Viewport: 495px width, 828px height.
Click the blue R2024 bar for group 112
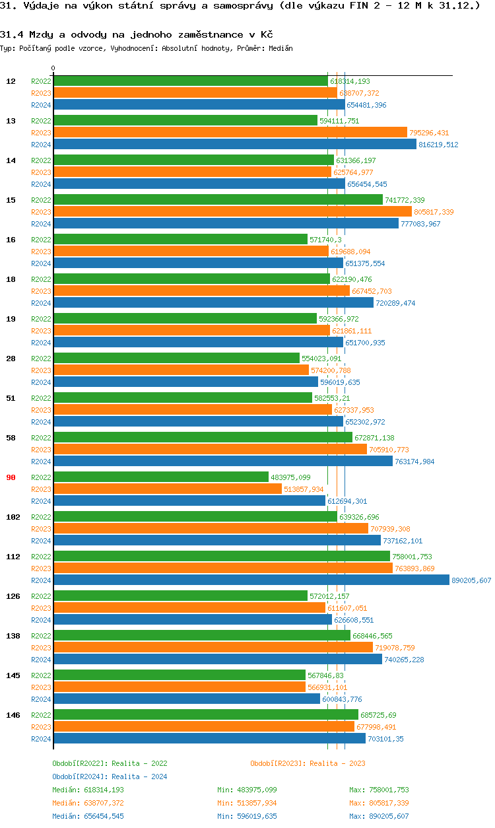pyautogui.click(x=251, y=580)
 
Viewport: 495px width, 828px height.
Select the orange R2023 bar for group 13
pyautogui.click(x=230, y=132)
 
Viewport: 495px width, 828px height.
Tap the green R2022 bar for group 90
pyautogui.click(x=160, y=477)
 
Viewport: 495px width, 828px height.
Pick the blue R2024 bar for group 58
pyautogui.click(x=222, y=461)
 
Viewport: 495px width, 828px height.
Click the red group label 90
pyautogui.click(x=11, y=477)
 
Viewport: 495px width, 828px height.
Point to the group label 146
pyautogui.click(x=13, y=715)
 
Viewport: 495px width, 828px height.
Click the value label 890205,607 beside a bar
pyautogui.click(x=471, y=580)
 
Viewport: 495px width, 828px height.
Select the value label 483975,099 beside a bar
pyautogui.click(x=291, y=477)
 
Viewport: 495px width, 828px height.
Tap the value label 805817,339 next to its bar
pyautogui.click(x=434, y=212)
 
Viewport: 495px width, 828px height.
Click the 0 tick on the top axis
pyautogui.click(x=53, y=69)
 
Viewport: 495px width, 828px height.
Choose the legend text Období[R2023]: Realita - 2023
pyautogui.click(x=308, y=763)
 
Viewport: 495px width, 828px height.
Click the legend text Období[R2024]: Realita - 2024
pyautogui.click(x=110, y=776)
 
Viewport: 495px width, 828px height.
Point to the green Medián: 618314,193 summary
pyautogui.click(x=88, y=790)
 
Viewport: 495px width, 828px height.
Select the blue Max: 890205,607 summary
pyautogui.click(x=379, y=816)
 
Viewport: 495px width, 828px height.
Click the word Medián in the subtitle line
pyautogui.click(x=280, y=48)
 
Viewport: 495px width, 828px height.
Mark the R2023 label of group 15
pyautogui.click(x=41, y=212)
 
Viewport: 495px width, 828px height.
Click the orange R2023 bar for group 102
pyautogui.click(x=211, y=528)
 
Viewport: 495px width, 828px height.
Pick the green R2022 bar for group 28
pyautogui.click(x=176, y=358)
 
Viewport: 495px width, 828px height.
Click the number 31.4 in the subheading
pyautogui.click(x=11, y=34)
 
